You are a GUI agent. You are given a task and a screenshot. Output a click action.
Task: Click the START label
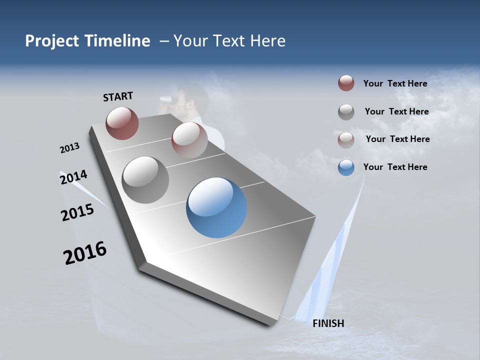click(x=118, y=96)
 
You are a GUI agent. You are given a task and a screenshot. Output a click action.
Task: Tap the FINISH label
click(x=328, y=323)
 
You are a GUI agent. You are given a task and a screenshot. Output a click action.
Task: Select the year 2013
click(x=69, y=148)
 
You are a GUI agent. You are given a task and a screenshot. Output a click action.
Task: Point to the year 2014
click(x=73, y=177)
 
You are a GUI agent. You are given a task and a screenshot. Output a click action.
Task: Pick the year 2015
click(x=77, y=212)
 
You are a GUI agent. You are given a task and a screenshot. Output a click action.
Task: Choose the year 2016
click(x=85, y=253)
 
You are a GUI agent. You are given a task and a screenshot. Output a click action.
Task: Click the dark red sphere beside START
click(x=122, y=123)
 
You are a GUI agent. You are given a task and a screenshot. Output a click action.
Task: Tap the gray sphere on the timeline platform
click(x=145, y=180)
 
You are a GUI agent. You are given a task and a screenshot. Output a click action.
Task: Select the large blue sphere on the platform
click(x=216, y=207)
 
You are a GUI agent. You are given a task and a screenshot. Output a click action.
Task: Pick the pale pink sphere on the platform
click(x=189, y=139)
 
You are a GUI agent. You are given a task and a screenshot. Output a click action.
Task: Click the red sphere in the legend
click(x=346, y=83)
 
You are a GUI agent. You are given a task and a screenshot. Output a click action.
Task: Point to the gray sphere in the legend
click(x=346, y=111)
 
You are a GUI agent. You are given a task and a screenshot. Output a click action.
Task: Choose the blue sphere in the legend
click(x=346, y=167)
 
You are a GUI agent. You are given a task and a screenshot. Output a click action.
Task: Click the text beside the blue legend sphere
click(x=395, y=167)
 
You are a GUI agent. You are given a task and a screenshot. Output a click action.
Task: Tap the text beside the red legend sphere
click(x=395, y=83)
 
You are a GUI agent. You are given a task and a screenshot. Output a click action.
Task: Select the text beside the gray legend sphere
click(x=396, y=111)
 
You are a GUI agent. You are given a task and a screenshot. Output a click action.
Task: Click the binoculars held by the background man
click(x=166, y=100)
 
